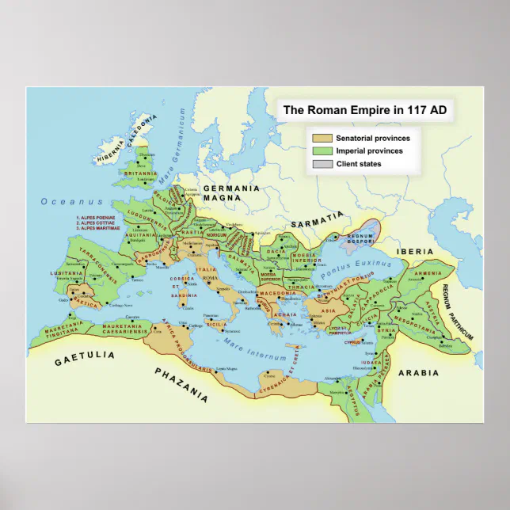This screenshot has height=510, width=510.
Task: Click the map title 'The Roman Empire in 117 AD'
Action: pyautogui.click(x=365, y=111)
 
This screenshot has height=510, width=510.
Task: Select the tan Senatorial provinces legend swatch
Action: pyautogui.click(x=322, y=138)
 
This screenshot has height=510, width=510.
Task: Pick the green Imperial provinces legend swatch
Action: pyautogui.click(x=322, y=150)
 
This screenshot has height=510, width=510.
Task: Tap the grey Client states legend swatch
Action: pyautogui.click(x=322, y=164)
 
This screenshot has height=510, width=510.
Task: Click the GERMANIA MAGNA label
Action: pyautogui.click(x=231, y=193)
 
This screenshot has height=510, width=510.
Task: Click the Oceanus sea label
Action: pyautogui.click(x=61, y=202)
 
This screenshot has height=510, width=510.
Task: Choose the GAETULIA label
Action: pyautogui.click(x=82, y=360)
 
